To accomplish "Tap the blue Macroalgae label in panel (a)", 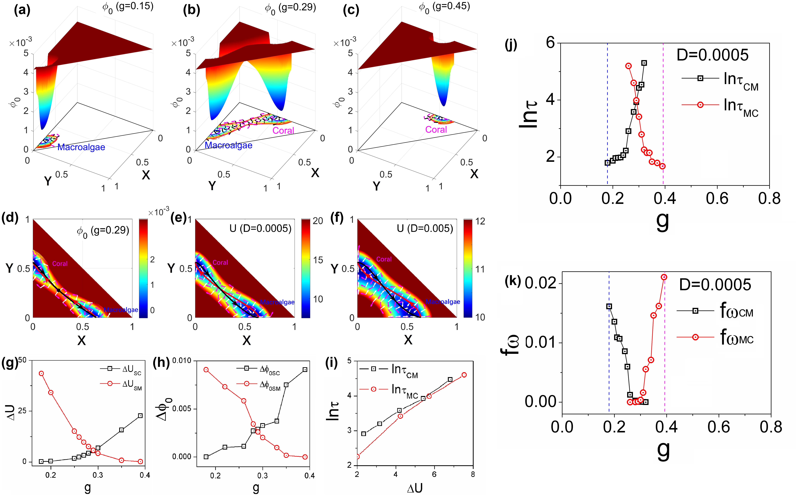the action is tap(81, 147).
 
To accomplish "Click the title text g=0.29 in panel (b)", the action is tap(297, 7).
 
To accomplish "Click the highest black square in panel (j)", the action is tap(644, 63).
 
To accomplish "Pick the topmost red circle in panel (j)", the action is tap(628, 66).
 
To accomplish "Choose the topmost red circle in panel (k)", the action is tap(664, 277).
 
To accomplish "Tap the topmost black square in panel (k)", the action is tap(609, 306).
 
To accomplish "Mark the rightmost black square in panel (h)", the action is tap(305, 369).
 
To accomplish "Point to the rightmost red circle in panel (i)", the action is tap(464, 375).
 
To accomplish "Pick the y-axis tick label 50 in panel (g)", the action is tap(22, 360).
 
